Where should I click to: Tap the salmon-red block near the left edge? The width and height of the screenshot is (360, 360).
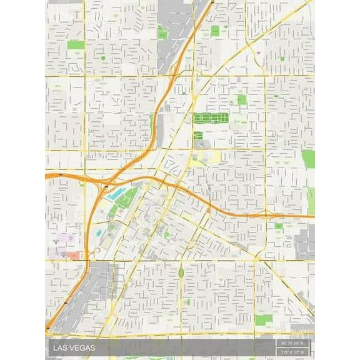pyautogui.click(x=72, y=256)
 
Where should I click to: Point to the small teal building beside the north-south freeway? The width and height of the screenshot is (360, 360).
pyautogui.click(x=100, y=233)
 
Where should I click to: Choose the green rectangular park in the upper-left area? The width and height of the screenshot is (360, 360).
pyautogui.click(x=76, y=44)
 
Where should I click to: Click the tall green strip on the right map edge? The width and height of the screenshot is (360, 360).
pyautogui.click(x=308, y=159)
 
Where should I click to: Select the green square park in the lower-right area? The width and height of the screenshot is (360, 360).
pyautogui.click(x=262, y=319)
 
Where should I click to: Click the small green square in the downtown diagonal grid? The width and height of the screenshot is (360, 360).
pyautogui.click(x=167, y=234)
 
